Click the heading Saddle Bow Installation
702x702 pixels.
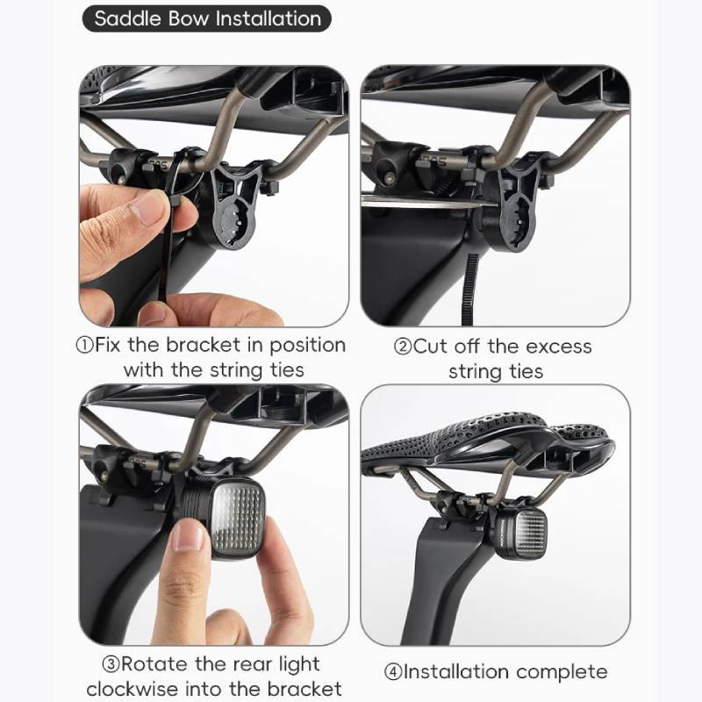[x=207, y=18]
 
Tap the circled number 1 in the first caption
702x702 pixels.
[x=84, y=346]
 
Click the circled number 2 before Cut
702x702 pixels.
[x=403, y=347]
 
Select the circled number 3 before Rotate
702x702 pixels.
[x=111, y=665]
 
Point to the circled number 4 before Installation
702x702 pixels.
[x=393, y=672]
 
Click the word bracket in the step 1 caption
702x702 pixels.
[x=204, y=345]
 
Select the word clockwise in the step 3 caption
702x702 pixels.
[x=131, y=689]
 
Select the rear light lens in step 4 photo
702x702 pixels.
[x=530, y=534]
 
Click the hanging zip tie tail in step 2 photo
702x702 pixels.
[x=469, y=290]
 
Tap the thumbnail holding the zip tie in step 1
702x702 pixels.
[x=147, y=207]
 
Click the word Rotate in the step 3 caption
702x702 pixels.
[x=154, y=664]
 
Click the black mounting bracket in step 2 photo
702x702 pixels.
[x=515, y=202]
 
